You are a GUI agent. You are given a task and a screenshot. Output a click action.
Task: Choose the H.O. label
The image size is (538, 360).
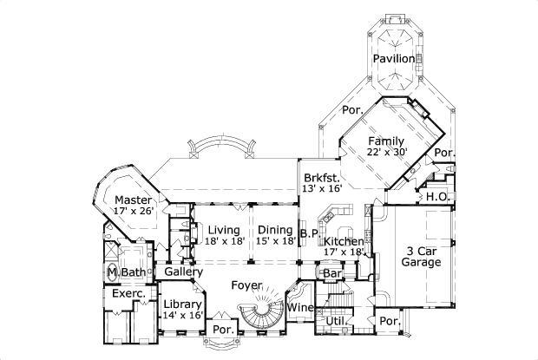coord(436,197)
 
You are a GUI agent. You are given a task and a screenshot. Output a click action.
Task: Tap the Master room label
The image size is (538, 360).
coord(133,198)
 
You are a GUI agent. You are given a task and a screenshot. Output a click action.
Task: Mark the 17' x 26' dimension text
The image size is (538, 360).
coord(133,210)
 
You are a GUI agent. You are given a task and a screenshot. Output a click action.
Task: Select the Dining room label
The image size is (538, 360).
coord(274,229)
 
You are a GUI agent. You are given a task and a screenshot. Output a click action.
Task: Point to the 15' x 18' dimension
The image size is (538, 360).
coord(274,241)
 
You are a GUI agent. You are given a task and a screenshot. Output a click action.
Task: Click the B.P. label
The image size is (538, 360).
coord(309,232)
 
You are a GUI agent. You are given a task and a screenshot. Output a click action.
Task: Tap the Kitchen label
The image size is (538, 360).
coord(344,240)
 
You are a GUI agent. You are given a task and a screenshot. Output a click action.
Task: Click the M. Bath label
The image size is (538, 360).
coord(126,273)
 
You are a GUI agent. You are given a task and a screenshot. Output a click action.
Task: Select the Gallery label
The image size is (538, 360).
coord(183,272)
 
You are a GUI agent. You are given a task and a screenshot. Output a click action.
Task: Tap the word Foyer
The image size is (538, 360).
coord(247,285)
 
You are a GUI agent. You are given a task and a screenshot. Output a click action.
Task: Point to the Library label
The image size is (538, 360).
coord(182,304)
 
